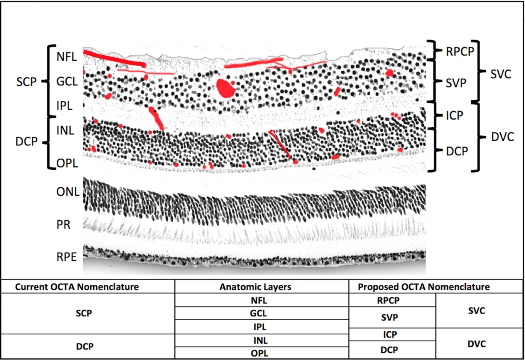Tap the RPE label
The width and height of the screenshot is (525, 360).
click(66, 257)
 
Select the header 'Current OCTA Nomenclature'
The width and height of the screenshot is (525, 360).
click(77, 287)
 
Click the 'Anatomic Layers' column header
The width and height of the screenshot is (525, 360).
click(262, 287)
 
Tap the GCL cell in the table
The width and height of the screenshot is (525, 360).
click(262, 313)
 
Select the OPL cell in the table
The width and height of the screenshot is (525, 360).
click(262, 353)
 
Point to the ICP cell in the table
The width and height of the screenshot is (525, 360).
click(392, 335)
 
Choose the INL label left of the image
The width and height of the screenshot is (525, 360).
click(66, 130)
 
